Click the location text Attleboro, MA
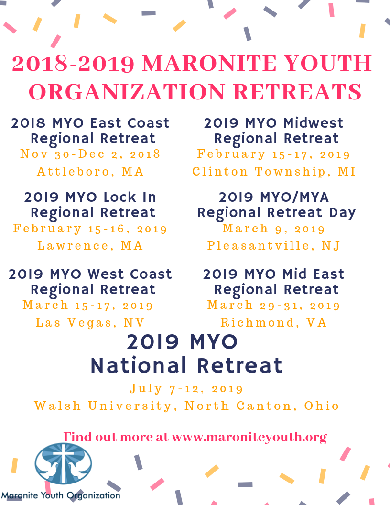pos(90,171)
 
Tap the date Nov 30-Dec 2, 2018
pos(90,154)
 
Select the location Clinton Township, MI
pos(274,171)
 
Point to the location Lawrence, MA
pos(90,246)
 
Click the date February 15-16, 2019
pos(90,229)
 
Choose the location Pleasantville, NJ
pos(274,246)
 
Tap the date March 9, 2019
pos(274,229)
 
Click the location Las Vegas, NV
pos(90,322)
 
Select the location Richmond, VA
pos(274,322)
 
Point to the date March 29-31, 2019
pos(274,305)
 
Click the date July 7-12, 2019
pos(186,389)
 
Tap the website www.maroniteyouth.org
pos(249,438)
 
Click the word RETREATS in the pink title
pos(298,92)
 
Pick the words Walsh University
pos(103,406)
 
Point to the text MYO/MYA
pos(294,197)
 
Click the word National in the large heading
pos(139,365)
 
